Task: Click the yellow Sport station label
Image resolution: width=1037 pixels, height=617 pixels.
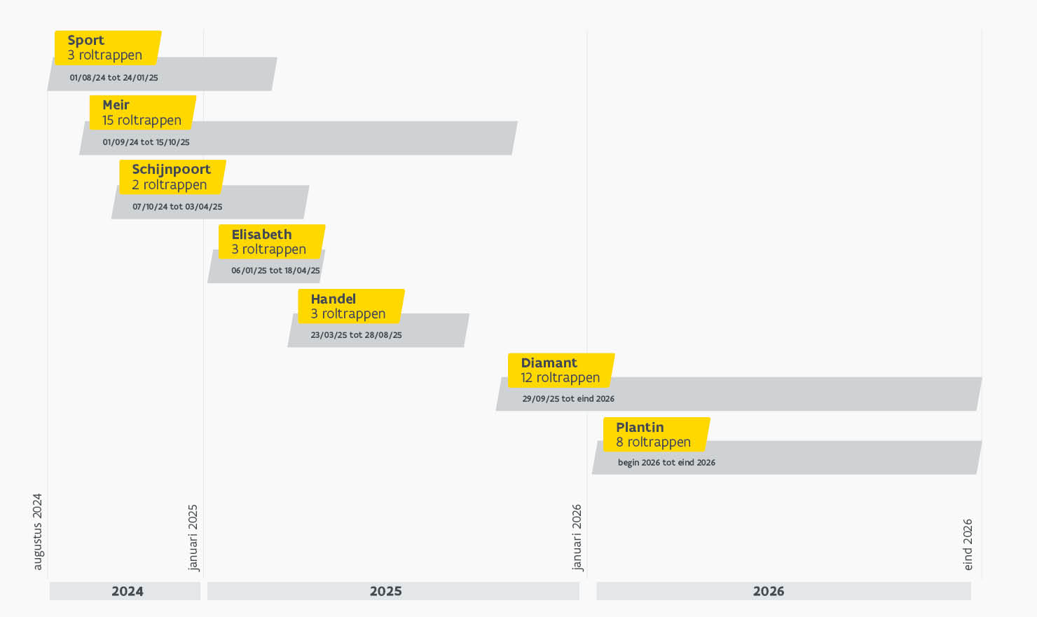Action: pyautogui.click(x=107, y=48)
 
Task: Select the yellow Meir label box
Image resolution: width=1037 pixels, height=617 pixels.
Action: pyautogui.click(x=142, y=113)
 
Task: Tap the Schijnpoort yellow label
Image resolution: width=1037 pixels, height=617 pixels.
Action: pyautogui.click(x=172, y=177)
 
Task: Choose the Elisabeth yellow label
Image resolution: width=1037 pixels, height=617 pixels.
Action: pyautogui.click(x=271, y=242)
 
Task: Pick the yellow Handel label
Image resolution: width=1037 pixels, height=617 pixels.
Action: pyautogui.click(x=350, y=306)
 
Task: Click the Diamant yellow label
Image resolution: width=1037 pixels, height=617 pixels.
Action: pyautogui.click(x=561, y=370)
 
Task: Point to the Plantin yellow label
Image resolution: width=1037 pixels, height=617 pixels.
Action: pyautogui.click(x=656, y=435)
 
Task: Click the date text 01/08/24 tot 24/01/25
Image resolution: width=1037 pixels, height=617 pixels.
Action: pyautogui.click(x=114, y=78)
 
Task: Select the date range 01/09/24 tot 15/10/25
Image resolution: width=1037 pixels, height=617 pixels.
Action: pyautogui.click(x=146, y=142)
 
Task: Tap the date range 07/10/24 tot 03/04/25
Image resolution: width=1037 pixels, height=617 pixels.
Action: pyautogui.click(x=177, y=207)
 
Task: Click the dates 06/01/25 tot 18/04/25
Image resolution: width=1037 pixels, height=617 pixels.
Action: pyautogui.click(x=275, y=271)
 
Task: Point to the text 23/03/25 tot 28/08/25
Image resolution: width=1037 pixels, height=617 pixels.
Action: pyautogui.click(x=356, y=335)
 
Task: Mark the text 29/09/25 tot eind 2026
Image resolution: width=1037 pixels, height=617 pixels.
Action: pyautogui.click(x=568, y=399)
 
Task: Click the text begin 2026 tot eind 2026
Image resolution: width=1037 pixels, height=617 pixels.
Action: pyautogui.click(x=666, y=463)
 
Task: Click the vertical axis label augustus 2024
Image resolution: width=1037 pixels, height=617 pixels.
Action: pyautogui.click(x=38, y=531)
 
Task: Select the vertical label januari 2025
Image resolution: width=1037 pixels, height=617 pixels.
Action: pyautogui.click(x=193, y=537)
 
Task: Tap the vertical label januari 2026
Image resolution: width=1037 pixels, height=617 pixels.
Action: pyautogui.click(x=577, y=537)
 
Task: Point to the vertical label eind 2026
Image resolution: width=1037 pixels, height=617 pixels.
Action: pyautogui.click(x=968, y=544)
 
